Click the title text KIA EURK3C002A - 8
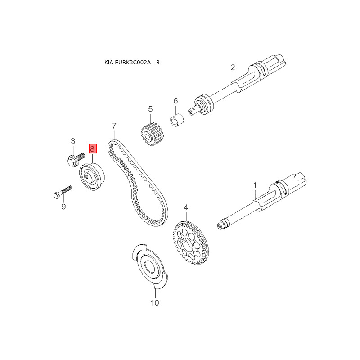point(132,62)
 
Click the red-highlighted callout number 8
point(92,148)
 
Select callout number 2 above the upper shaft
point(233,67)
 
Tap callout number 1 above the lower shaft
point(254,185)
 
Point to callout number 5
point(151,109)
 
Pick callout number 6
point(176,101)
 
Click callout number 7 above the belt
point(114,126)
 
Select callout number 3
point(73,142)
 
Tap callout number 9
point(63,207)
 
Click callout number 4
point(185,208)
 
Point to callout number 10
point(154,303)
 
